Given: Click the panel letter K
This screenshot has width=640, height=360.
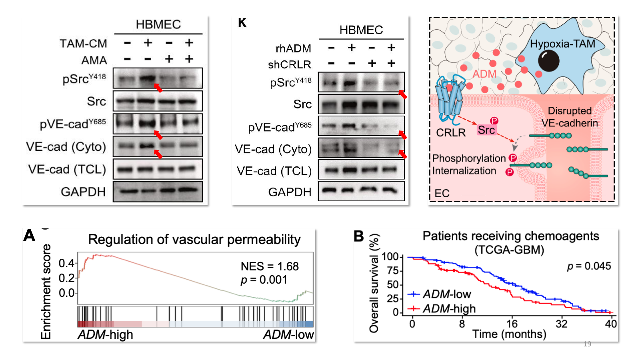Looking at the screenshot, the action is tap(242, 22).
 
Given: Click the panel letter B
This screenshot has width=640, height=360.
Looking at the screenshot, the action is tap(359, 236).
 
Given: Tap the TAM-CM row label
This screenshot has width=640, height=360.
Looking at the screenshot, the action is tap(84, 44).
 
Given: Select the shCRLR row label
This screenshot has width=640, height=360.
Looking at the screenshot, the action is tap(290, 65).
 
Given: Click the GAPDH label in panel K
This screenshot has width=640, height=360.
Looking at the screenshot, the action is tap(290, 192).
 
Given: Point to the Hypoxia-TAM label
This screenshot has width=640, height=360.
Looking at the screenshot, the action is tap(562, 44).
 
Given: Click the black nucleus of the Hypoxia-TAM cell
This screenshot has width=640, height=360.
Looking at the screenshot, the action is tap(548, 60).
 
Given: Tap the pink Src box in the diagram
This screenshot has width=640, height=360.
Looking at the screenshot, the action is tap(486, 130).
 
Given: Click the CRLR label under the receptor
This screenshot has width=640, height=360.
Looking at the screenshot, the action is tap(451, 132).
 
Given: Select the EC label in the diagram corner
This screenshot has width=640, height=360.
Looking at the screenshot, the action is tap(442, 194).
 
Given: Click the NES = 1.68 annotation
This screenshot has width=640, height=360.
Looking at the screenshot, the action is tap(270, 266).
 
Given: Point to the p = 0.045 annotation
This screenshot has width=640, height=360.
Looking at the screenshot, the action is tap(589, 266).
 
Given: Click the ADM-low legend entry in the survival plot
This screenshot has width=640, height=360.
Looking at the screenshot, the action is tap(439, 294).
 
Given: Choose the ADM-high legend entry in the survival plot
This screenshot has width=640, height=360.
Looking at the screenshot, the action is tap(442, 308).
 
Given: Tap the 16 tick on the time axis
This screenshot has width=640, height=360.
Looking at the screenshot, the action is tap(512, 324).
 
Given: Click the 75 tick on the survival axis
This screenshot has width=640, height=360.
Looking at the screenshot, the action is tap(392, 270).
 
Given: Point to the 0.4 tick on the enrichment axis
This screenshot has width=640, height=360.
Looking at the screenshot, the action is tap(66, 263).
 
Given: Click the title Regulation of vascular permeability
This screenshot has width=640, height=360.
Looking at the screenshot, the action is tap(194, 240).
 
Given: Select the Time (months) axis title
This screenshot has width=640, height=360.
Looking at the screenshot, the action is tap(509, 334).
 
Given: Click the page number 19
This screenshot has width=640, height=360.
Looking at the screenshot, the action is tap(587, 344).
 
